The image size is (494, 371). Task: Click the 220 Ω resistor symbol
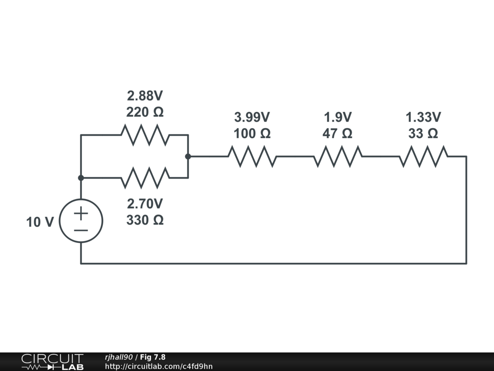(145, 135)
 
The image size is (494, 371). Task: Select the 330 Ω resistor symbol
(145, 178)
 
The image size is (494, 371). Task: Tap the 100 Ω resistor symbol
(252, 157)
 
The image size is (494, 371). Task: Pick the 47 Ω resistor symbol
(338, 157)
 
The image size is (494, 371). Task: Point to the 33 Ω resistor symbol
(423, 157)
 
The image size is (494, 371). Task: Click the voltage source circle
(81, 221)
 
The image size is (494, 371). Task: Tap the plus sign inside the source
(81, 213)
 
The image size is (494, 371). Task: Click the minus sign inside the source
(81, 230)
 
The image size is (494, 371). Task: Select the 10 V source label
(40, 222)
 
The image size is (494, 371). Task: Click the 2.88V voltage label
(145, 96)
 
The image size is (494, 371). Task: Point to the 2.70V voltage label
(145, 203)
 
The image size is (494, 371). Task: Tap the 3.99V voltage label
(252, 117)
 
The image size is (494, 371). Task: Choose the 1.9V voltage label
(338, 117)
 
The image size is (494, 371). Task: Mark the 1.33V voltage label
(423, 117)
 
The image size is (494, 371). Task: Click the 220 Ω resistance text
(145, 113)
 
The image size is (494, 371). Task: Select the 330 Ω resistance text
(145, 220)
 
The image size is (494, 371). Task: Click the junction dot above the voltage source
(81, 178)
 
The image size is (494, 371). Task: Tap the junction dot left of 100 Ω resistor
(188, 157)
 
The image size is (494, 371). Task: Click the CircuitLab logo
(52, 362)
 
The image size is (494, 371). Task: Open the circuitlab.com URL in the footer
(159, 366)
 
